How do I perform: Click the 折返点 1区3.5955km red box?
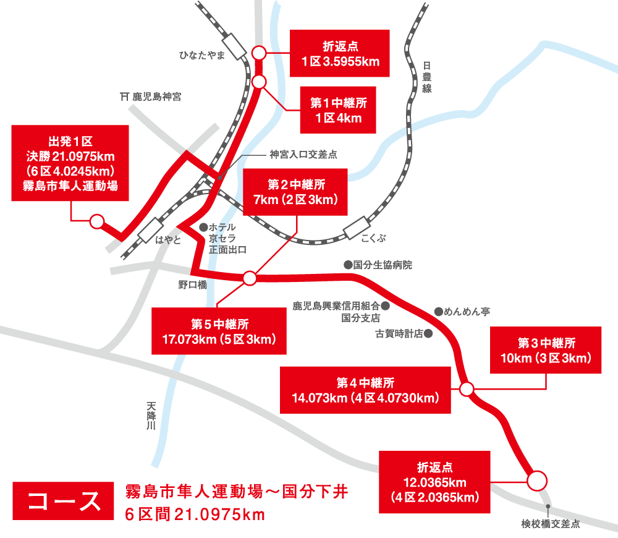tap(340, 54)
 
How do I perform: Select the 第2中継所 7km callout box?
tap(296, 192)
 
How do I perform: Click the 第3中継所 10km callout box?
tap(546, 351)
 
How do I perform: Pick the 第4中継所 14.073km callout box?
tap(365, 390)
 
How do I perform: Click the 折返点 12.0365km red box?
tap(436, 481)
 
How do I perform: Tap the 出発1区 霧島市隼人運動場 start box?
tap(70, 163)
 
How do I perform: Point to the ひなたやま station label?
tap(201, 56)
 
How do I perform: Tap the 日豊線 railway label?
tap(426, 77)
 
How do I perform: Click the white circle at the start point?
tap(96, 221)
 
